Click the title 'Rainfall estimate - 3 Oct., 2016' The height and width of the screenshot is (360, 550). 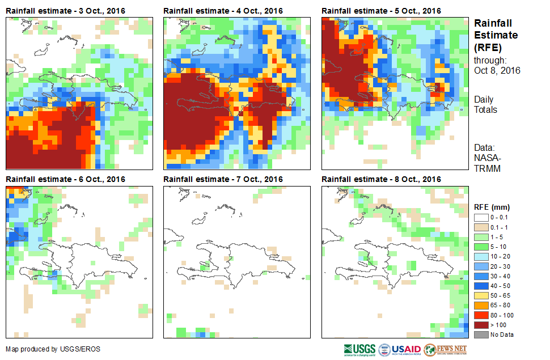pos(65,11)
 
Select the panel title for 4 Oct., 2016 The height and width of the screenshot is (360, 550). pos(223,11)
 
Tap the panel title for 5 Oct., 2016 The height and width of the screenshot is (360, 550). pos(381,11)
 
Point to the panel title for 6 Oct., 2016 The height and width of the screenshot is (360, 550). pos(65,179)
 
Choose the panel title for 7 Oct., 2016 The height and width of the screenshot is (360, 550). pos(223,179)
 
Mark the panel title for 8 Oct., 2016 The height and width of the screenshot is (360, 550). pos(381,179)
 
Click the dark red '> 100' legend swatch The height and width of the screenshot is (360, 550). pos(481,324)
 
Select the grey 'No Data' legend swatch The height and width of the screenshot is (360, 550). pos(481,334)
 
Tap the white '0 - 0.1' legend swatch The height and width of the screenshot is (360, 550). pos(481,217)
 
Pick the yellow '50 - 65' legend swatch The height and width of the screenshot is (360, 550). pos(481,295)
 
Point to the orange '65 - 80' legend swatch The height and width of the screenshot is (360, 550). pos(481,305)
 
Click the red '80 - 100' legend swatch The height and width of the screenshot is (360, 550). pos(481,315)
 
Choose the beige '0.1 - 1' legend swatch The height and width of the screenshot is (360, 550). pos(481,227)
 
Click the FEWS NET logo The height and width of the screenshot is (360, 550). pos(445,349)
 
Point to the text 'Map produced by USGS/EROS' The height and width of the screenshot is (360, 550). pos(53,349)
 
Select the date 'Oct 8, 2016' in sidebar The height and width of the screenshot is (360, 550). pos(497,70)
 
